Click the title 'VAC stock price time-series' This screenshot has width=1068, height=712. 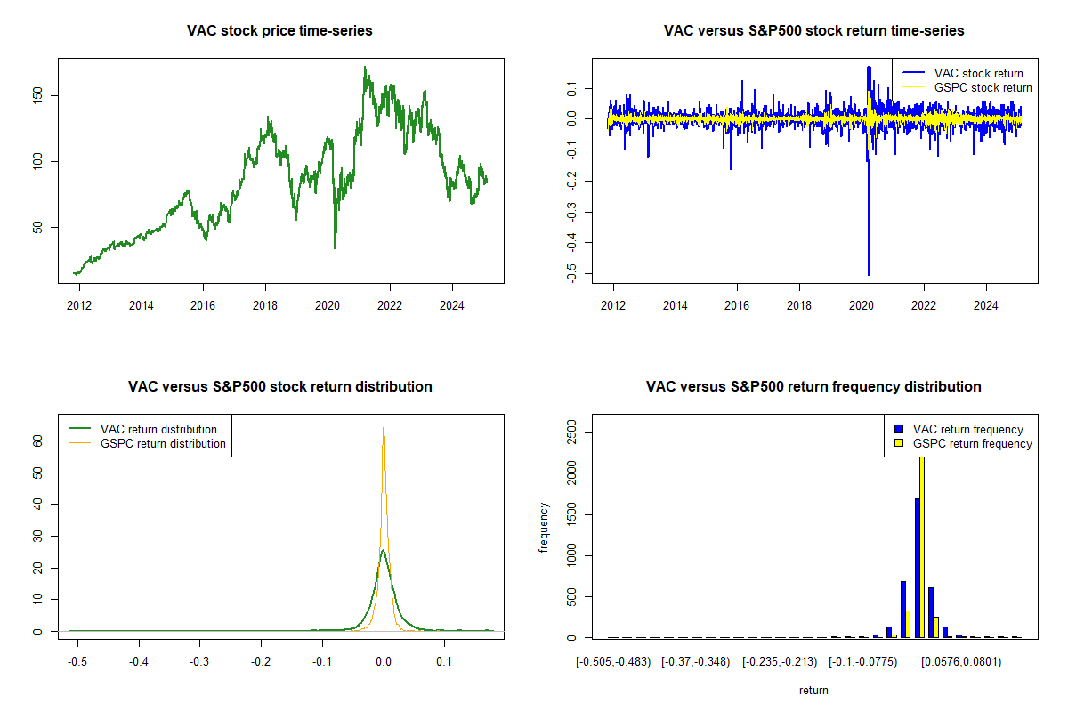279,31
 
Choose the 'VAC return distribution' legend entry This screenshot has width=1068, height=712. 158,429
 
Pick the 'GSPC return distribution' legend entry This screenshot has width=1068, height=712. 163,443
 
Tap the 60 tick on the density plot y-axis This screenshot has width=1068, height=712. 38,440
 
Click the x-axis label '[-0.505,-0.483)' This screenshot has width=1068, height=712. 613,661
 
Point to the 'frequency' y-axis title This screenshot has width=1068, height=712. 544,528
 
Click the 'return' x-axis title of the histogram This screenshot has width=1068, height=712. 813,690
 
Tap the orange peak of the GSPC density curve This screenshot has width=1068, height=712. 384,428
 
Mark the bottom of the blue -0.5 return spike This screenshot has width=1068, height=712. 868,275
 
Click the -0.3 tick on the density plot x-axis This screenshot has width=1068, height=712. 200,661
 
